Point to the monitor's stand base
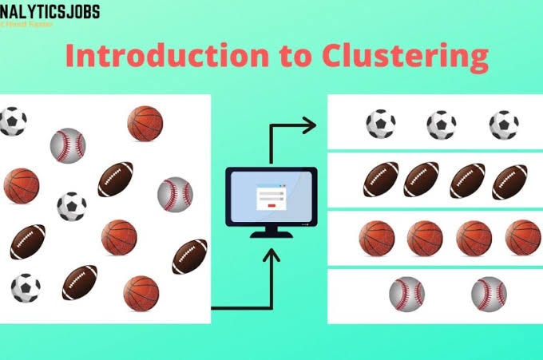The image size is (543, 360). pos(271,235)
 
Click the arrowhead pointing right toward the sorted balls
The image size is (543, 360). pos(309,125)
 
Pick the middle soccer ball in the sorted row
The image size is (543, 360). pos(441,125)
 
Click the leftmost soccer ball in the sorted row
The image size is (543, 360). pos(380,125)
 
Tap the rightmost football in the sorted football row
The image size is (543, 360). pos(509,180)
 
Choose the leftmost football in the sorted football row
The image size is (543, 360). pos(380,180)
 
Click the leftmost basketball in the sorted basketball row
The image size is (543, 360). pos(376,237)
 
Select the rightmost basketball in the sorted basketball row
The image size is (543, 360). pos(522,237)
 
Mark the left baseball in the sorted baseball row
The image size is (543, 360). pos(406,294)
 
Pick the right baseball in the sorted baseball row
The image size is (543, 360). pos(489,294)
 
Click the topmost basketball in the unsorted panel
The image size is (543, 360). pos(145,122)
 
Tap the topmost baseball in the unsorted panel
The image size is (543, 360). pos(68,144)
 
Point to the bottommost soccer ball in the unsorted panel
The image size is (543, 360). pos(26,287)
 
